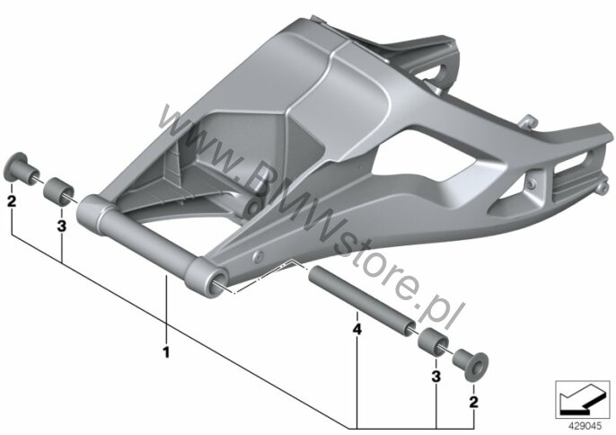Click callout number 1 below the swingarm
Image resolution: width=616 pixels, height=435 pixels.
(166, 352)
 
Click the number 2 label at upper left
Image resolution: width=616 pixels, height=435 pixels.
(12, 201)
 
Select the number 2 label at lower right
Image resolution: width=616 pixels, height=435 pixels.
(474, 402)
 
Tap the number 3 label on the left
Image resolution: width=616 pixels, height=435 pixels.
(62, 226)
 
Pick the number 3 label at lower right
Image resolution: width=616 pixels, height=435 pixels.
(436, 377)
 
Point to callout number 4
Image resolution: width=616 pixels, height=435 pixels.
(356, 329)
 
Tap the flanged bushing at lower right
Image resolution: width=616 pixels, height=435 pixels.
(471, 363)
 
